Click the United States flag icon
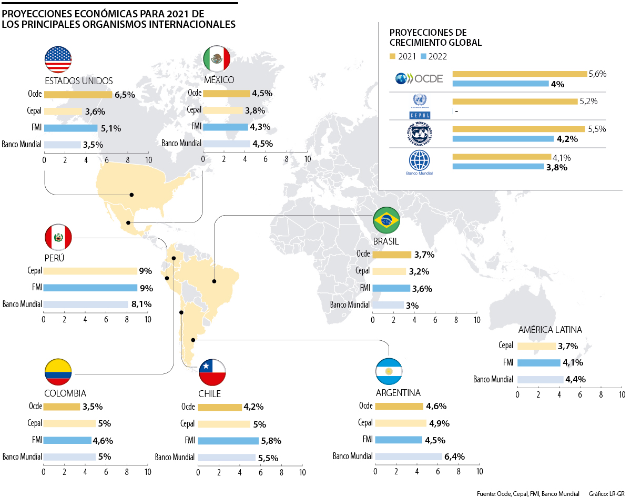(58, 59)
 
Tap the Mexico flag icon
(217, 59)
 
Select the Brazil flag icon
(386, 221)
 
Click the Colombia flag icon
(58, 373)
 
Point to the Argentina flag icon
(389, 372)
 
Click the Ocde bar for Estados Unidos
(78, 95)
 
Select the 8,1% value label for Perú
(141, 304)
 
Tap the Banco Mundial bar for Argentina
(408, 457)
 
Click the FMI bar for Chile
(228, 441)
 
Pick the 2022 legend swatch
(423, 56)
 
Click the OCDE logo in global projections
(419, 79)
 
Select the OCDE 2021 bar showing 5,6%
(520, 74)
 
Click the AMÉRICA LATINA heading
(550, 330)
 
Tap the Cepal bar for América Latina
(536, 346)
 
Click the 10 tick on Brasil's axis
(476, 319)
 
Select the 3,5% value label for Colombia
(92, 407)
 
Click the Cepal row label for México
(194, 110)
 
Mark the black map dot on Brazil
(214, 281)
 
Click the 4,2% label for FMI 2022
(567, 139)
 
